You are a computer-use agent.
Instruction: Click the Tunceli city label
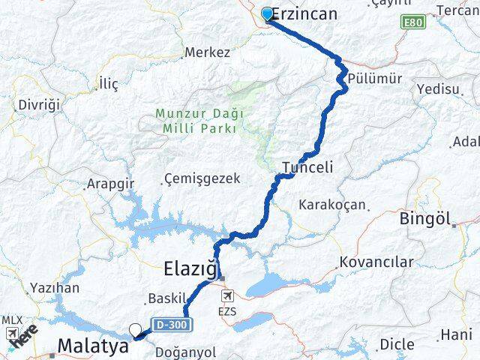pos(307,166)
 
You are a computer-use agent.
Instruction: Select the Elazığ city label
pos(190,266)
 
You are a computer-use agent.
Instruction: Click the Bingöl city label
pos(425,219)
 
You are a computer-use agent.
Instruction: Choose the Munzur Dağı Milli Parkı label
pos(196,121)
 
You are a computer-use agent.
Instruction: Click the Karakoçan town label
pos(332,204)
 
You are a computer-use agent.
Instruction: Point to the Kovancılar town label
pos(376,262)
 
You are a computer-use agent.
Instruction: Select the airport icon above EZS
pos(227,297)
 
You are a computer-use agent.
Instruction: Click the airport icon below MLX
pos(11,333)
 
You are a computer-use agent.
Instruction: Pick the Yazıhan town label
pos(55,287)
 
